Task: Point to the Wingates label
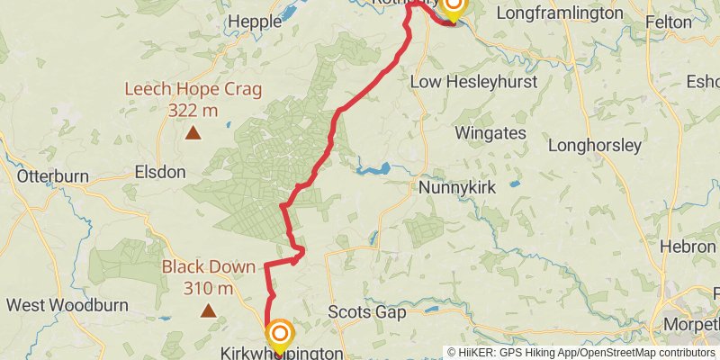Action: tap(490, 133)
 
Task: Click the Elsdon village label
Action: tap(159, 171)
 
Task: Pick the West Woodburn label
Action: tap(59, 305)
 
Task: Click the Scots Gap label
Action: tap(366, 312)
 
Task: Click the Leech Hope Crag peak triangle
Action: tap(193, 134)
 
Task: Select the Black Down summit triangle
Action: tap(208, 311)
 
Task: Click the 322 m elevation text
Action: tap(193, 110)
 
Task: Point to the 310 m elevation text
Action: tap(208, 288)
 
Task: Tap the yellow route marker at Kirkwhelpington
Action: tap(279, 335)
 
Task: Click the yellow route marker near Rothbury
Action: tap(453, 7)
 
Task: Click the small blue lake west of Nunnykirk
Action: tap(374, 168)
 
